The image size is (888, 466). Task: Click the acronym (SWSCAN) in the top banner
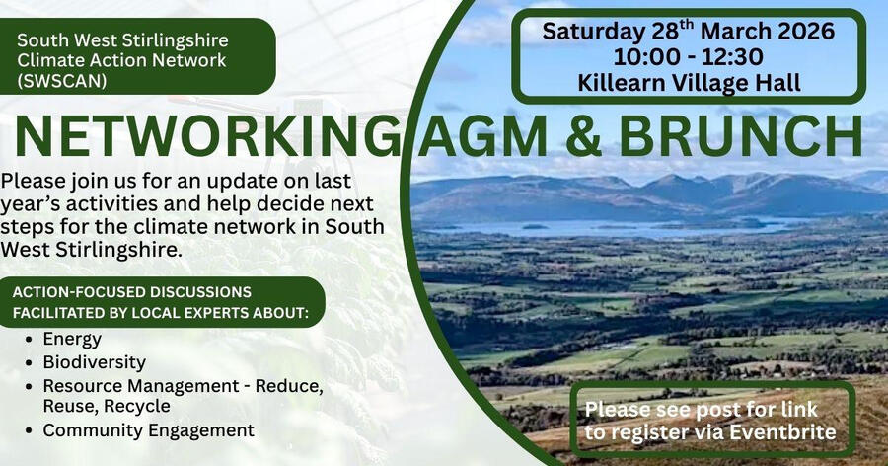pyautogui.click(x=62, y=80)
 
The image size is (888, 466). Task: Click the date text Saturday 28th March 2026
pyautogui.click(x=688, y=31)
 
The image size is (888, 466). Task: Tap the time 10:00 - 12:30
pyautogui.click(x=688, y=55)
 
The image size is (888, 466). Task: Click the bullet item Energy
pyautogui.click(x=71, y=339)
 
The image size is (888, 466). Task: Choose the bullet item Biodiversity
pyautogui.click(x=94, y=362)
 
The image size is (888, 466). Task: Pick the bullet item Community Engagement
pyautogui.click(x=148, y=430)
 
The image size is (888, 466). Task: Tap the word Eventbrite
pyautogui.click(x=785, y=431)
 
